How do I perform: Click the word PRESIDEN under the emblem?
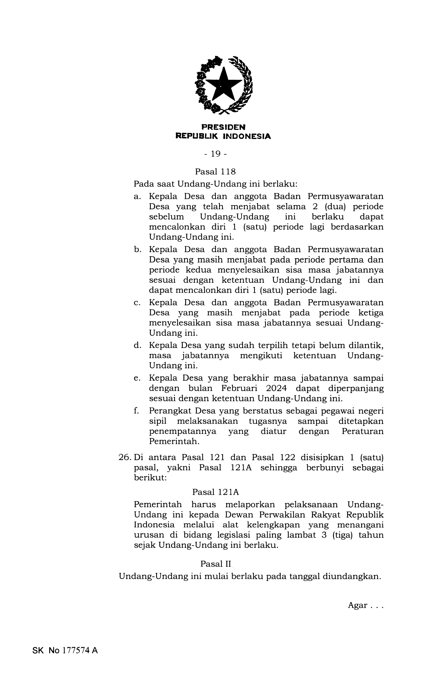pyautogui.click(x=223, y=127)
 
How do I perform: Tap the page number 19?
pyautogui.click(x=215, y=154)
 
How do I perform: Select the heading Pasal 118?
pyautogui.click(x=215, y=171)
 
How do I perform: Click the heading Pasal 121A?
pyautogui.click(x=215, y=492)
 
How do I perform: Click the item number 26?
pyautogui.click(x=124, y=458)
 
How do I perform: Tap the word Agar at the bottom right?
pyautogui.click(x=358, y=605)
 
